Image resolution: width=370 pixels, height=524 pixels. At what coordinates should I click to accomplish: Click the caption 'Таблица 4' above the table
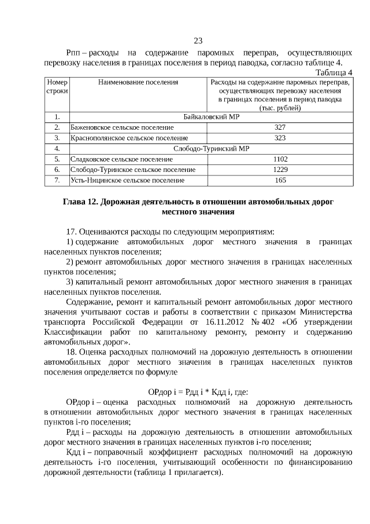point(334,72)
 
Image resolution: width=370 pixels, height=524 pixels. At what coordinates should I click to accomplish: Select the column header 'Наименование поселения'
point(138,83)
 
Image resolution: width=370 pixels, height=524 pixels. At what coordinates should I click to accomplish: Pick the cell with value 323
point(280,138)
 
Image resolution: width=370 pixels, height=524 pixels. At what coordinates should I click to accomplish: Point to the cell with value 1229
point(280,170)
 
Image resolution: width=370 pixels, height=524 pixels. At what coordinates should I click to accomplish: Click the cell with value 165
point(280,181)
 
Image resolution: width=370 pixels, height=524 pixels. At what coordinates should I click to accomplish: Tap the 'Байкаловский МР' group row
point(211,117)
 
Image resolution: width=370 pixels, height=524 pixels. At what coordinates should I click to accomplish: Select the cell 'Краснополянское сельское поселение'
point(129,138)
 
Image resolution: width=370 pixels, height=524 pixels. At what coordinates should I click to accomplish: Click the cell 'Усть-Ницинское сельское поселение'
point(128,181)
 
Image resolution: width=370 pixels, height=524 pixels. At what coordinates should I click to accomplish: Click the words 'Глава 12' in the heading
point(80,202)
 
